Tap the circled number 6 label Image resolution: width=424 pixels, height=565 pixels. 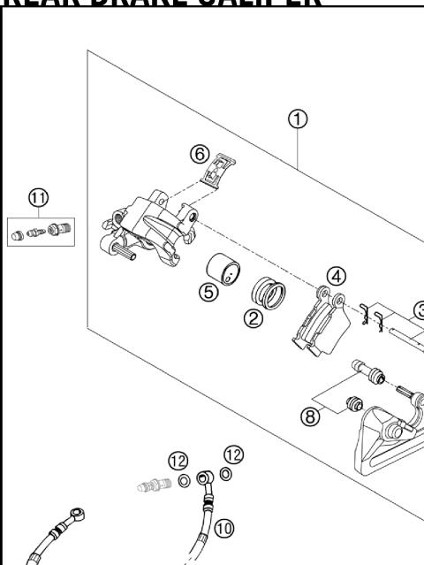point(200,153)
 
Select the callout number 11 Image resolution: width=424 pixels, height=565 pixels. point(38,198)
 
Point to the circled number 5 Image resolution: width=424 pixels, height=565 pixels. point(209,293)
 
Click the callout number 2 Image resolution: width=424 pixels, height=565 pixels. point(254,318)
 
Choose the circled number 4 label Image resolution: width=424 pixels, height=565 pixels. point(336,275)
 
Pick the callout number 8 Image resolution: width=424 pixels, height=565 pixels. point(311,416)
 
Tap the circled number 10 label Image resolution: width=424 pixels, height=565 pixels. point(224,528)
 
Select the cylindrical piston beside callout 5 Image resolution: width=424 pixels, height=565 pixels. point(225,269)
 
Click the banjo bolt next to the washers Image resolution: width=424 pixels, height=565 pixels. point(154,485)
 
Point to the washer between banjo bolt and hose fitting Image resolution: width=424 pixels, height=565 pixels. point(183,480)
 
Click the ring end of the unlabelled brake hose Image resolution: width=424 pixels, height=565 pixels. point(79,512)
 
